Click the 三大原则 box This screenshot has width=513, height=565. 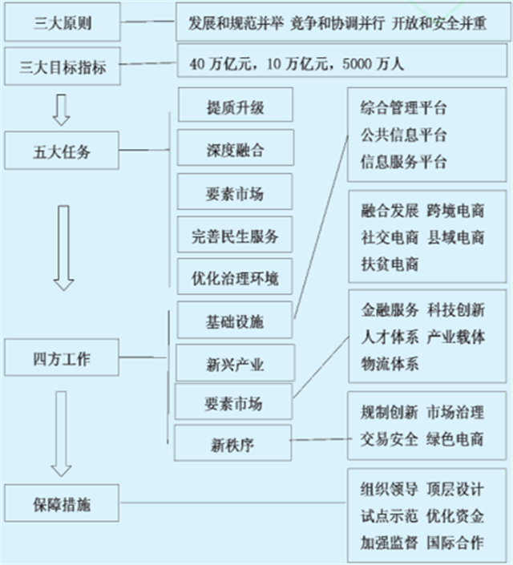tap(63, 22)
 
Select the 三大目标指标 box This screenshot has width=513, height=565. tap(63, 67)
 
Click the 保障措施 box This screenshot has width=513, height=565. tap(63, 505)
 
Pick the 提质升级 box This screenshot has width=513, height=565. tap(235, 107)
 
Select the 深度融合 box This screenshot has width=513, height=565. tap(235, 150)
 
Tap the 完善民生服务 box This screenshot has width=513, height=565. tap(235, 236)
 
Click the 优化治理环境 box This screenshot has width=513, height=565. tap(235, 278)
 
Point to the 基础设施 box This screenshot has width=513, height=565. tap(235, 321)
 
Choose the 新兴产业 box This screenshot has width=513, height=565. tap(235, 365)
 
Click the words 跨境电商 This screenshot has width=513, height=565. tap(455, 212)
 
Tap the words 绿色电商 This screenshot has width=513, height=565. tap(455, 438)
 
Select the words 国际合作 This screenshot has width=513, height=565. tap(455, 542)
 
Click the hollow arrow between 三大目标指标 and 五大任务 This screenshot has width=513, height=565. tap(62, 110)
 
